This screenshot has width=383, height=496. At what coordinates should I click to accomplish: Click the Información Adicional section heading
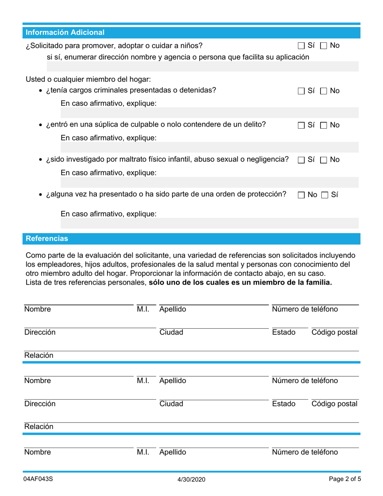tap(65, 33)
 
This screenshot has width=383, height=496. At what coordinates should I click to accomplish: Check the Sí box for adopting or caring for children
tap(302, 46)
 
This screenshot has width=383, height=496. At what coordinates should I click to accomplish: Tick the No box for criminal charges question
tap(324, 92)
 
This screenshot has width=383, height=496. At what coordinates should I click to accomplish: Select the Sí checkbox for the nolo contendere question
tap(302, 126)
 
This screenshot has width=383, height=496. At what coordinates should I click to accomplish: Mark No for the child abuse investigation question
tap(324, 160)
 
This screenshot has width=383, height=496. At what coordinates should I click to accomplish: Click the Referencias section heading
tap(47, 239)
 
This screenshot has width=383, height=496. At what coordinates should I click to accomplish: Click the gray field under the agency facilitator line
tap(192, 67)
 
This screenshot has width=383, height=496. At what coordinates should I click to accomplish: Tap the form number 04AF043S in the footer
tap(38, 479)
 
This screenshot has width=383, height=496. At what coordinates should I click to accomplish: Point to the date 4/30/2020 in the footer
tap(191, 479)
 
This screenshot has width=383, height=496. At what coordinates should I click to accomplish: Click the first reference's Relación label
tap(39, 356)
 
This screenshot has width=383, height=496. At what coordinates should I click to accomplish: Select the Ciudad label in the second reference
tap(171, 404)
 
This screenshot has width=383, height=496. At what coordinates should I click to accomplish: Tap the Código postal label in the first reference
tap(334, 333)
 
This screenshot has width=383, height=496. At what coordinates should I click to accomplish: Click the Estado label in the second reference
tap(284, 404)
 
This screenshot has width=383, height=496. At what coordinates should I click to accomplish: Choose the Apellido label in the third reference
tap(173, 452)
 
